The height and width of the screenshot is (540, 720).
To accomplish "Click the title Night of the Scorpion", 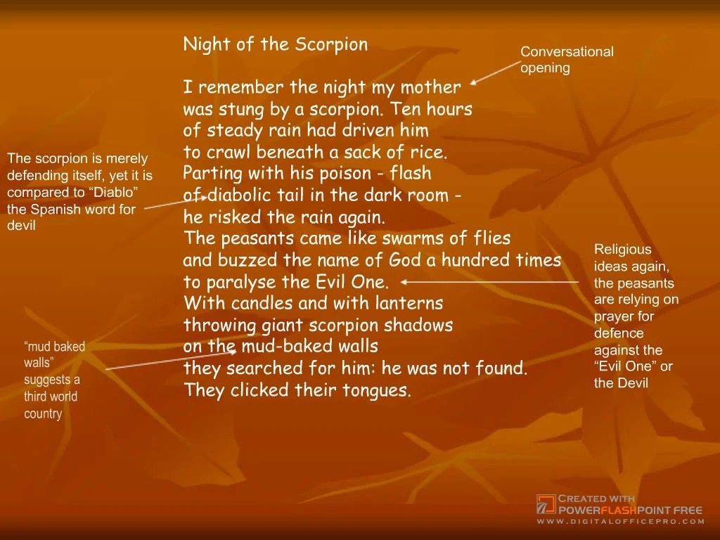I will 275,45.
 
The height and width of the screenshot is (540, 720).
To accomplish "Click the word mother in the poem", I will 431,88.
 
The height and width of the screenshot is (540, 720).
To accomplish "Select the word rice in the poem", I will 429,153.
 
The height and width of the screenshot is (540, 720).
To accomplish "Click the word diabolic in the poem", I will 236,195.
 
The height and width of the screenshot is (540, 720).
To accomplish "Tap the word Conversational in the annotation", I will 567,51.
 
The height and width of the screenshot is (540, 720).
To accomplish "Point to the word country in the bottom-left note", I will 43,413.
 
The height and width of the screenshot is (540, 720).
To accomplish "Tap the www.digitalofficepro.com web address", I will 620,521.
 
